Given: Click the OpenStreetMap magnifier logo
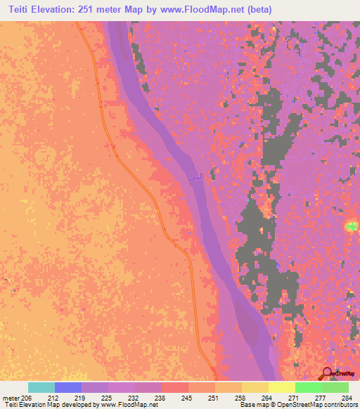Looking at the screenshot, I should click(327, 373).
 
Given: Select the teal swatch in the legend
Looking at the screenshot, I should click(41, 387).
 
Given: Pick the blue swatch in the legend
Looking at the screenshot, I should click(68, 387).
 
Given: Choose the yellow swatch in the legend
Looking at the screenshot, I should click(281, 387).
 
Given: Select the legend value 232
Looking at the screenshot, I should click(134, 397).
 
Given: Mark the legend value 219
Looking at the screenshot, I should click(81, 397).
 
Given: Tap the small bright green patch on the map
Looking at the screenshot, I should click(350, 226).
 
